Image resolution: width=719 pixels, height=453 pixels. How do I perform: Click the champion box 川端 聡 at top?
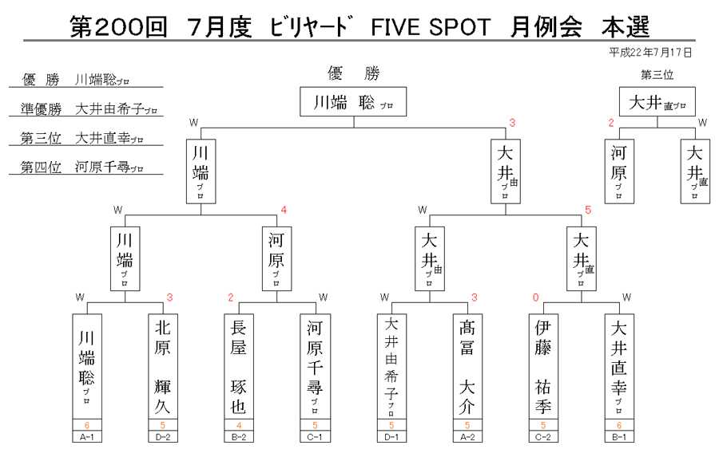[x=353, y=101]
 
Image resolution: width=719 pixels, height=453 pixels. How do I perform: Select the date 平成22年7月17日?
[x=649, y=53]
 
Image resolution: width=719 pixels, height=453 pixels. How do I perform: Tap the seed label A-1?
[x=86, y=437]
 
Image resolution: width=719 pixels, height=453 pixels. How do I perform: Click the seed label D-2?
[x=163, y=437]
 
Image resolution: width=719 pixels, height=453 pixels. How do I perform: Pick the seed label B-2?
[x=238, y=437]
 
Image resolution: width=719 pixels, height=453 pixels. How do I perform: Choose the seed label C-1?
[x=315, y=437]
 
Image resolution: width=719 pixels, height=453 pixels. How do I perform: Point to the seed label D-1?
[x=391, y=437]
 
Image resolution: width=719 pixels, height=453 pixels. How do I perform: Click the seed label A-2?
[x=467, y=437]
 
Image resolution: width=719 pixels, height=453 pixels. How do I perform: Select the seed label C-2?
[x=543, y=437]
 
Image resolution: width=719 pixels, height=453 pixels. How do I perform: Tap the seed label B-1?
[x=619, y=437]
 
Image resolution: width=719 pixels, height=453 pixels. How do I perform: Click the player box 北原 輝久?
[x=163, y=367]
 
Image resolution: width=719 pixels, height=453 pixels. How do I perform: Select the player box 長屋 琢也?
[x=238, y=367]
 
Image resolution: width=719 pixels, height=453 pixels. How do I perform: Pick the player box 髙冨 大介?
[x=467, y=367]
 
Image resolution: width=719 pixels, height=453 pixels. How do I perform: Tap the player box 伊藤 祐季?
[x=543, y=367]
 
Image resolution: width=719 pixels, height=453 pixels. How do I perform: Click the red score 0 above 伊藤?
[x=535, y=297]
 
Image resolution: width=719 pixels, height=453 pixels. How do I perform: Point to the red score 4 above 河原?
[x=284, y=210]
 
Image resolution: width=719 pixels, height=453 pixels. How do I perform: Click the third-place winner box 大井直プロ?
[x=657, y=101]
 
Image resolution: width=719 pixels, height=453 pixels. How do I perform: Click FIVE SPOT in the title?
[x=431, y=27]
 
